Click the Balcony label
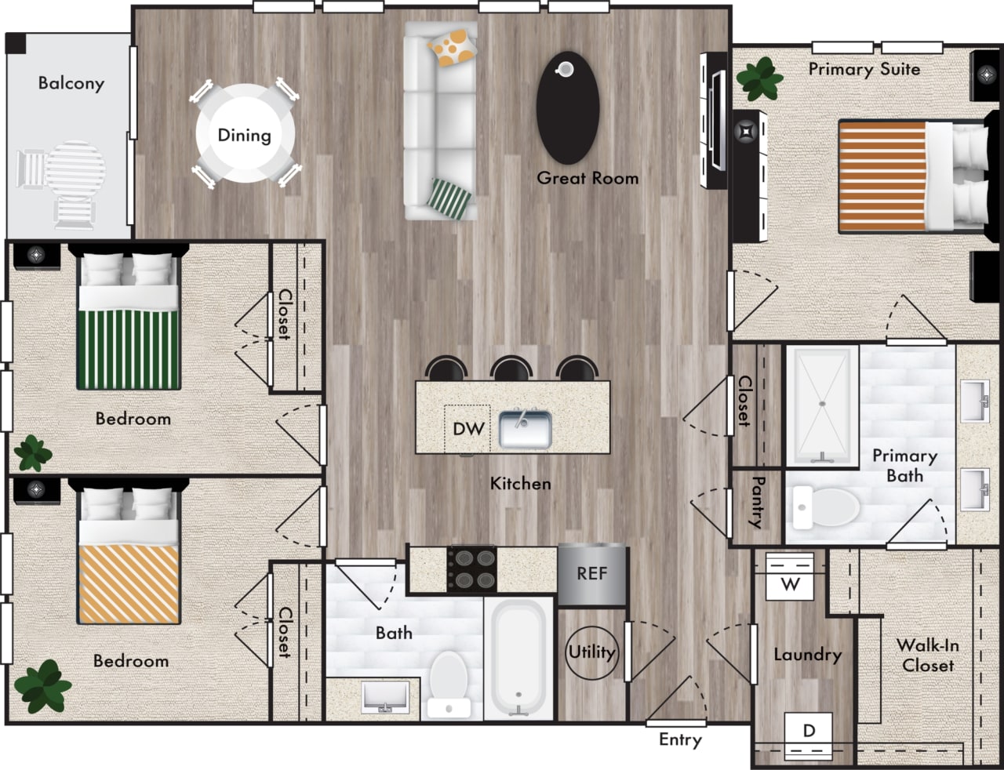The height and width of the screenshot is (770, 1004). tap(71, 83)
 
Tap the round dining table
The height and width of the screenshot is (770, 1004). tap(245, 134)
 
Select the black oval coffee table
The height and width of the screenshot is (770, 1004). tap(568, 108)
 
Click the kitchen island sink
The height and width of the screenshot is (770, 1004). tap(525, 429)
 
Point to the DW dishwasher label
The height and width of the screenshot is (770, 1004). tap(467, 429)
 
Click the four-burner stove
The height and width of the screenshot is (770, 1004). tap(471, 569)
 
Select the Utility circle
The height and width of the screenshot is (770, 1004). tap(591, 652)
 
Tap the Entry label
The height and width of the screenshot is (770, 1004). tap(680, 739)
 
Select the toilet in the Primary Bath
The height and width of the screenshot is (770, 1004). tap(824, 507)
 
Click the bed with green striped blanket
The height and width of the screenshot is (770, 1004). tap(129, 329)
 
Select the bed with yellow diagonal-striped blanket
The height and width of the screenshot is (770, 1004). tap(129, 565)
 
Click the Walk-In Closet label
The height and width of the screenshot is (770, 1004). tap(927, 655)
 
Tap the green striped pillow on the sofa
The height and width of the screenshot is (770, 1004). tap(452, 198)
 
